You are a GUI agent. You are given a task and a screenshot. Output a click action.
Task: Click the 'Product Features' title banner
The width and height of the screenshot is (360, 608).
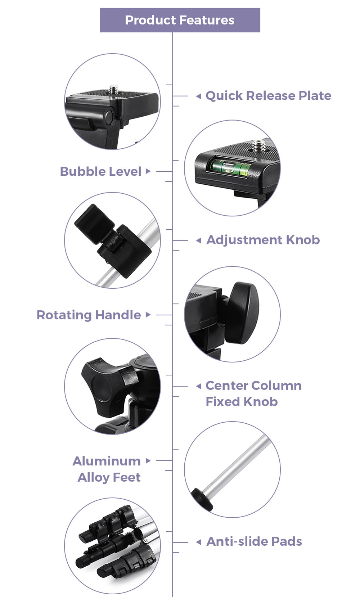180,20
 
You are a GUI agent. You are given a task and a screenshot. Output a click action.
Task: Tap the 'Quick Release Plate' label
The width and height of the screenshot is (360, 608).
268,96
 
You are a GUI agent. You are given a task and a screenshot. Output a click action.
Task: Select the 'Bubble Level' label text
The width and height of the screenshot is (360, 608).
101,172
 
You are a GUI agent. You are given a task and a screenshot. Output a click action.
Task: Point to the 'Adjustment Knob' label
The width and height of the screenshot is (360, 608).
263,240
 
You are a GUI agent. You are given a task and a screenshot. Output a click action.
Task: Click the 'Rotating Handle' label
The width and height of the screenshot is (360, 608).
89,315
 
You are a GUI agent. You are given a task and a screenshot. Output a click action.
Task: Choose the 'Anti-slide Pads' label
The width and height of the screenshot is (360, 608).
254,541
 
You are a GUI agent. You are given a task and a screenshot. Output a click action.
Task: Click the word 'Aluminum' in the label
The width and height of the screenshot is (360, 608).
107,461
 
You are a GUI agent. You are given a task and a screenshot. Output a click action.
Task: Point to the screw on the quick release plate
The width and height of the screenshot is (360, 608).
113,89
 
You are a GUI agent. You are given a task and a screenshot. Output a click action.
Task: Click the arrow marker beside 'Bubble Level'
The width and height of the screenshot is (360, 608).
148,171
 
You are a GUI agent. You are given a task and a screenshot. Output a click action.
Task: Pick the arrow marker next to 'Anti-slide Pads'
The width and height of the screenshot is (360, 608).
199,542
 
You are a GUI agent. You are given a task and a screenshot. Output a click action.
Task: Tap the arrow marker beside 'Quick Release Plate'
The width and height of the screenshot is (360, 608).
199,96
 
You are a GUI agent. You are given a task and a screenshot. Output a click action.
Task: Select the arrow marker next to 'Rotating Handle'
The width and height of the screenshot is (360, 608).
148,315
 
